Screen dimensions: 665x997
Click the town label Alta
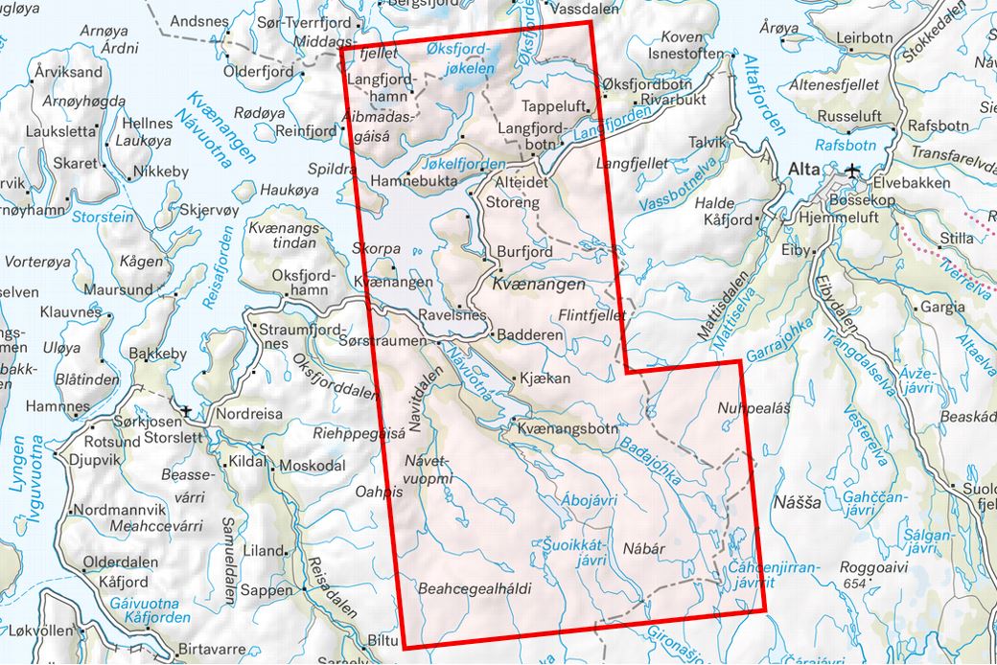tap(801, 170)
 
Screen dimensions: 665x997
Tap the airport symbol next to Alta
tap(854, 171)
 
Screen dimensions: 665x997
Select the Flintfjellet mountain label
tap(591, 314)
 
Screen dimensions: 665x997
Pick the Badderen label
tap(529, 335)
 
